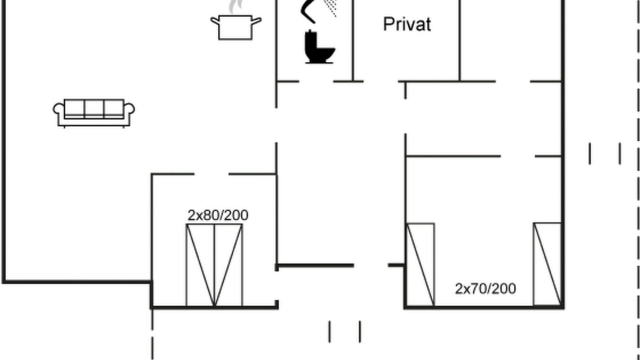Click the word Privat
(x=407, y=24)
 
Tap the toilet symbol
(x=319, y=46)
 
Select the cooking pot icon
(x=235, y=27)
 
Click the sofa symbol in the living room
(x=93, y=113)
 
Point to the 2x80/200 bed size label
(x=218, y=215)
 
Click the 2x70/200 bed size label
(x=485, y=288)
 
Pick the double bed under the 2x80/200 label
(x=214, y=265)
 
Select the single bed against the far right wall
(x=547, y=264)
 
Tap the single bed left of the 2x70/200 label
(x=420, y=264)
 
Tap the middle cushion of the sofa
(x=94, y=108)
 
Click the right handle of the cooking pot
(x=256, y=21)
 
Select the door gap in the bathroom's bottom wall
(x=316, y=81)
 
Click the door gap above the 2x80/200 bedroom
(x=211, y=173)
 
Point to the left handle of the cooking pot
(x=215, y=21)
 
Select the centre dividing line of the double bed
(x=214, y=265)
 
